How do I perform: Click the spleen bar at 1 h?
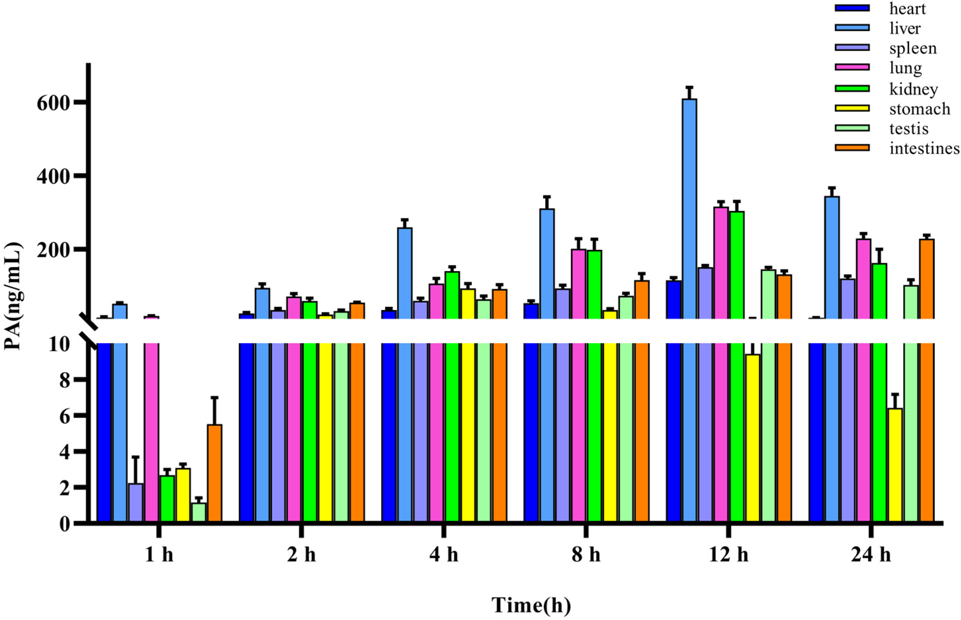click(x=135, y=503)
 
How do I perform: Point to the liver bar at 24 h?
click(x=832, y=258)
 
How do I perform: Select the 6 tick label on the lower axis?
click(x=64, y=415)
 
